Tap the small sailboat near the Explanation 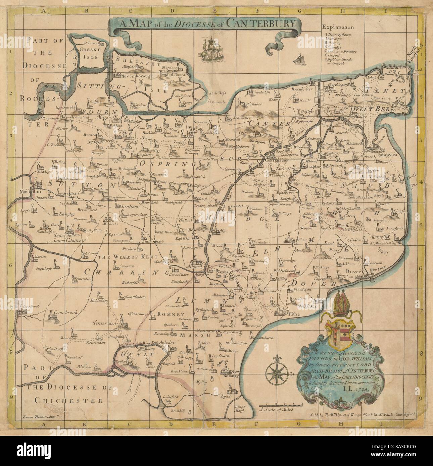point(298,59)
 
